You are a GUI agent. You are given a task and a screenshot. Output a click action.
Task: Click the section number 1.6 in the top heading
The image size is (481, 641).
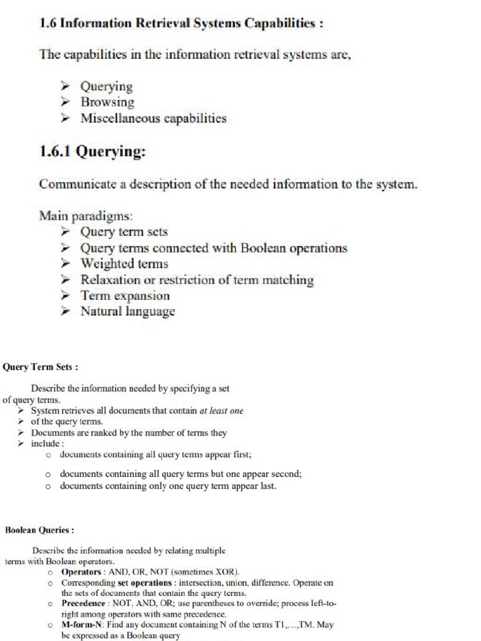point(48,24)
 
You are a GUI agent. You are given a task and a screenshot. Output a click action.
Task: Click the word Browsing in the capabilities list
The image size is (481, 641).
point(107,102)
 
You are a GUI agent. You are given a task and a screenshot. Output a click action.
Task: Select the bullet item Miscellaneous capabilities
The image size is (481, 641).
point(153,118)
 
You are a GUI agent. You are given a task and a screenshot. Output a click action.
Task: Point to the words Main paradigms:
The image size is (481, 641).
point(86,216)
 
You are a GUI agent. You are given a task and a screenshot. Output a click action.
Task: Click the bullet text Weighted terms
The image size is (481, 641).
point(124,264)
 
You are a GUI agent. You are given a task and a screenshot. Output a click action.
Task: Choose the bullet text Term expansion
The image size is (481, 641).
point(125,295)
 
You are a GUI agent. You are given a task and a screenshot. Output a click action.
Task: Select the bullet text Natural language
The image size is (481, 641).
point(128,311)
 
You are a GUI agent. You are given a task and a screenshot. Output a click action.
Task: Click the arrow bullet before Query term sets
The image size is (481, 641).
point(65,232)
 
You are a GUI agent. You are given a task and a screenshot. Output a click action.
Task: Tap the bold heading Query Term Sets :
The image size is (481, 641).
point(41,367)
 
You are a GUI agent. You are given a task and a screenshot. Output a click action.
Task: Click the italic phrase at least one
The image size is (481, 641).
point(221,411)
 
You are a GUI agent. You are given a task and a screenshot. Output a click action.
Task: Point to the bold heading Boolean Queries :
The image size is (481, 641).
point(39,530)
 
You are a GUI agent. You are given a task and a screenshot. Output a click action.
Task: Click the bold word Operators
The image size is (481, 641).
point(81,572)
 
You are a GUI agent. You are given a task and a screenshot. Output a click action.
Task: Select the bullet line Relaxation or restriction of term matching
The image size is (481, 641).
point(197,280)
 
